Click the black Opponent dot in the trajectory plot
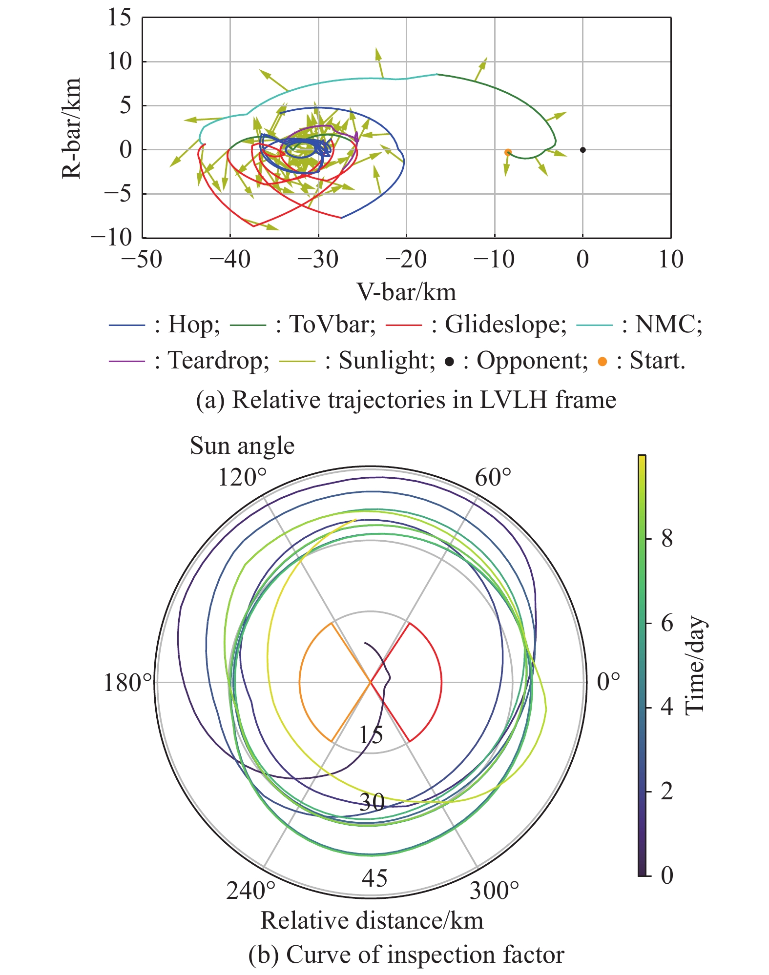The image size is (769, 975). click(582, 150)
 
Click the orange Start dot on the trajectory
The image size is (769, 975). click(508, 152)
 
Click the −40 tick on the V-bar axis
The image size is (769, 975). click(229, 259)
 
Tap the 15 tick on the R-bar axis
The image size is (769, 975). click(120, 18)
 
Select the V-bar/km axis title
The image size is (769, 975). click(406, 292)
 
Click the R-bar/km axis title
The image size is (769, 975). click(71, 128)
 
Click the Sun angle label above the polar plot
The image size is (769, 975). click(242, 446)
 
